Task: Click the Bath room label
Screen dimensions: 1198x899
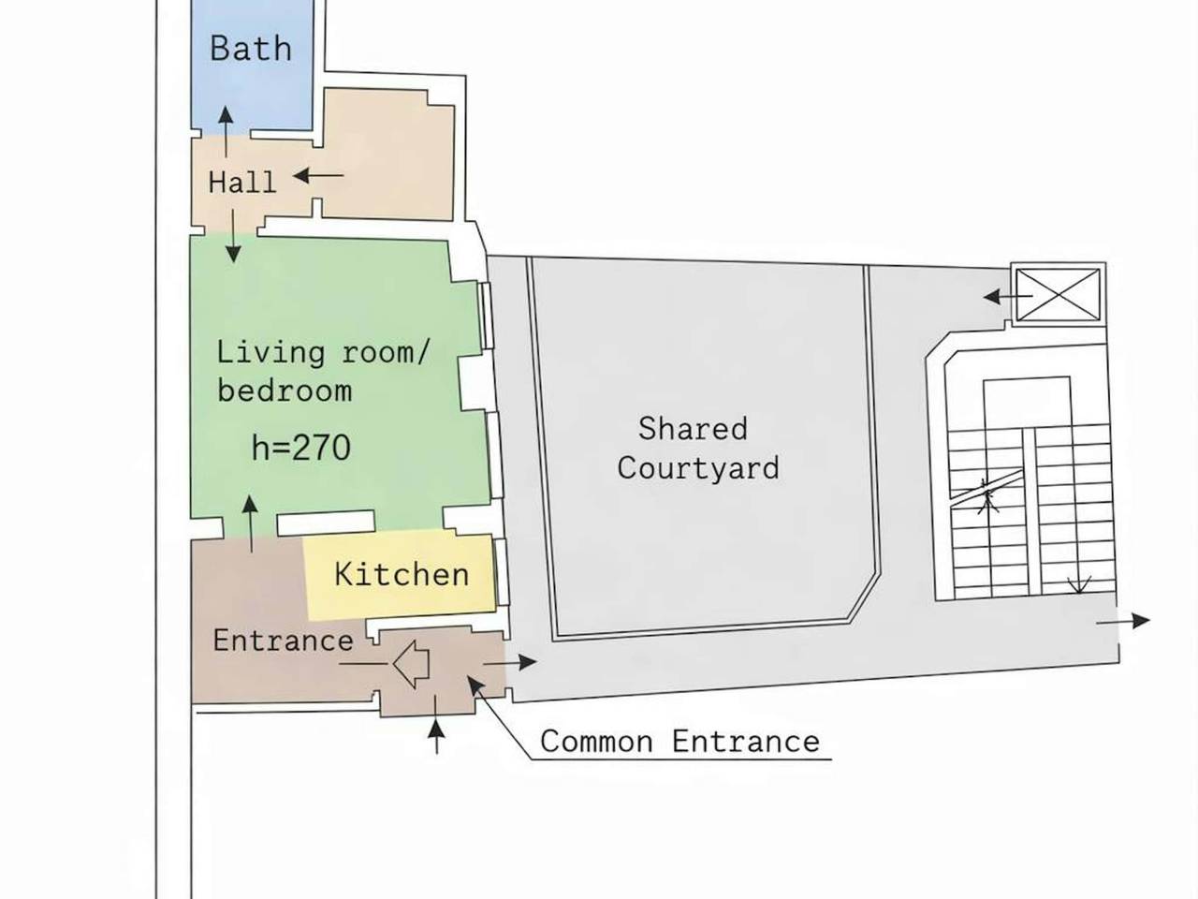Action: coord(251,48)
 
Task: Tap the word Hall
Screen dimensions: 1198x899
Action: coord(242,182)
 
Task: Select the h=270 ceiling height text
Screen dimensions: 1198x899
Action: coord(300,449)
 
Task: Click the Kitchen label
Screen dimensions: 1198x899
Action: coord(402,574)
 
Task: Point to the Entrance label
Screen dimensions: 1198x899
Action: coord(283,641)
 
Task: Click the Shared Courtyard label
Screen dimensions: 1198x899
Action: coord(697,449)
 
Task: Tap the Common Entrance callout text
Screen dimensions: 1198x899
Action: coord(680,742)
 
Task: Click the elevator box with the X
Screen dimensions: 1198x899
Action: coord(1059,295)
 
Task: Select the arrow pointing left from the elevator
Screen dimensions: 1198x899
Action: coord(1008,297)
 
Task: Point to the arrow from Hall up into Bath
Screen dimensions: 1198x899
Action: coord(226,131)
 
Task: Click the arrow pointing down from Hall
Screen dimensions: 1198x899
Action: coord(234,236)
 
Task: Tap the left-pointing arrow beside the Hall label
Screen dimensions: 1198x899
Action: coord(319,176)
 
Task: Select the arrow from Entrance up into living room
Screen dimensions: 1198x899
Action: coord(251,524)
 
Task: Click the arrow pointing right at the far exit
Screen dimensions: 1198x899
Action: coord(1123,621)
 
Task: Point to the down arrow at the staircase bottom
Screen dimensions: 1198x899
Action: coord(1079,584)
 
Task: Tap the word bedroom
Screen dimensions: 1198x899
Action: coord(285,391)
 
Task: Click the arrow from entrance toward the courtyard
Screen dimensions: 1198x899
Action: coord(510,663)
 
